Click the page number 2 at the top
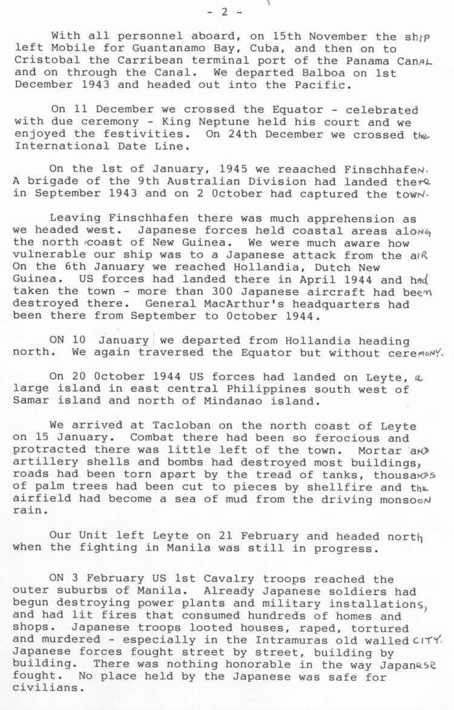click(x=226, y=12)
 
